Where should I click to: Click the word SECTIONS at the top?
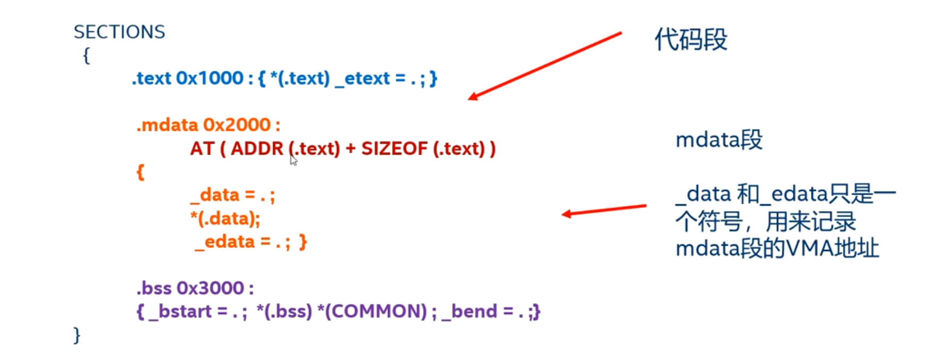coord(119,32)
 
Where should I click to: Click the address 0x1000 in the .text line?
coord(210,78)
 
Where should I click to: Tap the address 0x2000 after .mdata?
coord(237,125)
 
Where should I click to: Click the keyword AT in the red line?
coord(202,149)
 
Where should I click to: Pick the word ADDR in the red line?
coord(257,149)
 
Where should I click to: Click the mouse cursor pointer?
coord(293,160)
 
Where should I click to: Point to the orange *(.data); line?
coord(225,219)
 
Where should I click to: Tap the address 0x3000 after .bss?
coord(210,288)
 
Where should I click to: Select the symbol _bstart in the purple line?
coord(180,311)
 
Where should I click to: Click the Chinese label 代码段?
coord(690,39)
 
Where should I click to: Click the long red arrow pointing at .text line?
coord(545,65)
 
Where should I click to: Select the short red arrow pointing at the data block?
coord(604,210)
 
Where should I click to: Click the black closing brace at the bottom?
coord(77,335)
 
